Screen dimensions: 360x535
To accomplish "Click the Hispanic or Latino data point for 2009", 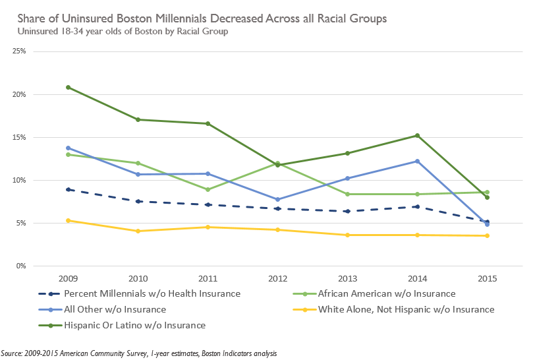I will [x=68, y=87].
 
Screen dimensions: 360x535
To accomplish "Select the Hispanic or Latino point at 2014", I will [x=415, y=135].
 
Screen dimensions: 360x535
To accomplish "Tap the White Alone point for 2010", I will [x=138, y=231].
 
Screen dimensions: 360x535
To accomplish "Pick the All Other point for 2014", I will [x=415, y=161].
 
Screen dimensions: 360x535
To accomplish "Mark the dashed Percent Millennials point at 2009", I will [x=68, y=189].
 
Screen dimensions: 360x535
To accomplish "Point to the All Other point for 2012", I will [x=276, y=199].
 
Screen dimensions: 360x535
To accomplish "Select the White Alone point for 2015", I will [x=487, y=235].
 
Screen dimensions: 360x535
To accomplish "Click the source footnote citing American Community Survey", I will [x=139, y=353].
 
